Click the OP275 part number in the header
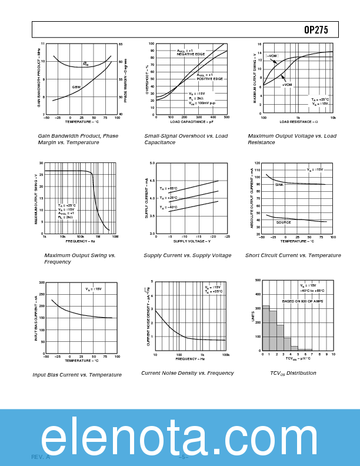click(316, 30)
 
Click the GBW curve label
click(76, 87)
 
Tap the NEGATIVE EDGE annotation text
click(191, 54)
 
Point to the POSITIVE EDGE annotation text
click(210, 78)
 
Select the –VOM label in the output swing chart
click(272, 56)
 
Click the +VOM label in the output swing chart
click(287, 85)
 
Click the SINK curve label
click(279, 185)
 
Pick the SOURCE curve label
click(284, 222)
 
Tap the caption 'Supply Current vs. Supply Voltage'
click(188, 255)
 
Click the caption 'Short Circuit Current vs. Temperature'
click(293, 255)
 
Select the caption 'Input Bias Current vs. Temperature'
click(77, 375)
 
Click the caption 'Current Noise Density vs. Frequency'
click(188, 373)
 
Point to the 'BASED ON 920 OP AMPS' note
click(302, 301)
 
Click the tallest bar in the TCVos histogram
click(266, 328)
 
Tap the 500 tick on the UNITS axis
click(258, 280)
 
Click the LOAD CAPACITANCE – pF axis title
click(191, 122)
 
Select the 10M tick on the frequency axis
click(115, 237)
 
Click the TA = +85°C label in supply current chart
click(168, 188)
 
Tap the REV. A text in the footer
click(41, 457)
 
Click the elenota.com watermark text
click(179, 438)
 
